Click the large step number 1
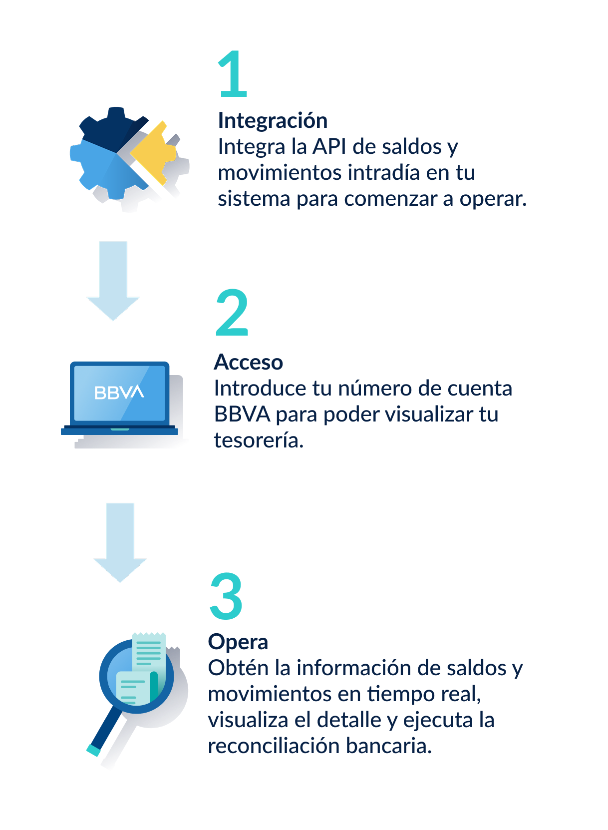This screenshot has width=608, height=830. pyautogui.click(x=233, y=74)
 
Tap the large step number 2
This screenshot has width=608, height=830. pyautogui.click(x=232, y=312)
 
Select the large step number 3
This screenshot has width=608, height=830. pyautogui.click(x=226, y=596)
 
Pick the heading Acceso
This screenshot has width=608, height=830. pyautogui.click(x=249, y=363)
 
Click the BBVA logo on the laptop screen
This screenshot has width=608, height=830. pyautogui.click(x=119, y=393)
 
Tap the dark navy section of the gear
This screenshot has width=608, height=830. pyautogui.click(x=111, y=128)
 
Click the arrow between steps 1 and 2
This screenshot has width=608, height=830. pyautogui.click(x=113, y=281)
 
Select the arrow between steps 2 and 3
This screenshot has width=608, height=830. pyautogui.click(x=120, y=542)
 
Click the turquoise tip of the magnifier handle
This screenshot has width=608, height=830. pyautogui.click(x=94, y=750)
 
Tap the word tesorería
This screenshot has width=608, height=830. pyautogui.click(x=259, y=440)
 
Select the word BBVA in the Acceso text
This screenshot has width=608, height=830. pyautogui.click(x=242, y=415)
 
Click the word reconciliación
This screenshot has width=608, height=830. pyautogui.click(x=274, y=746)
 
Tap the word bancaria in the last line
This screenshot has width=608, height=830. pyautogui.click(x=389, y=746)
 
